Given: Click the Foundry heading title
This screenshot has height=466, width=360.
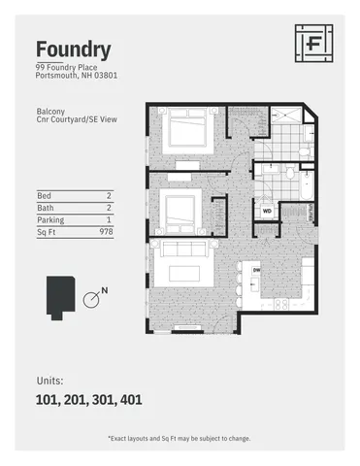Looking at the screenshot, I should (73, 49).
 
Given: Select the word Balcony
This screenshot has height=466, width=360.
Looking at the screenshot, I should (51, 112).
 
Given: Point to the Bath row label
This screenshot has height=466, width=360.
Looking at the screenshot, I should (44, 208).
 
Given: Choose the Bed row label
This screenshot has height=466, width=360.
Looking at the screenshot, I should (43, 195).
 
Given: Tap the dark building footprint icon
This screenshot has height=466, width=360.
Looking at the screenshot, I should (58, 297).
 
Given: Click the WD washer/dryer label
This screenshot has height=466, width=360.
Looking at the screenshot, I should (267, 209).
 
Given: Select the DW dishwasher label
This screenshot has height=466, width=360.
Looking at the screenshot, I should (256, 269).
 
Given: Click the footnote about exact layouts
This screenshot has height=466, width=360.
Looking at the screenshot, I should (180, 438).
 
